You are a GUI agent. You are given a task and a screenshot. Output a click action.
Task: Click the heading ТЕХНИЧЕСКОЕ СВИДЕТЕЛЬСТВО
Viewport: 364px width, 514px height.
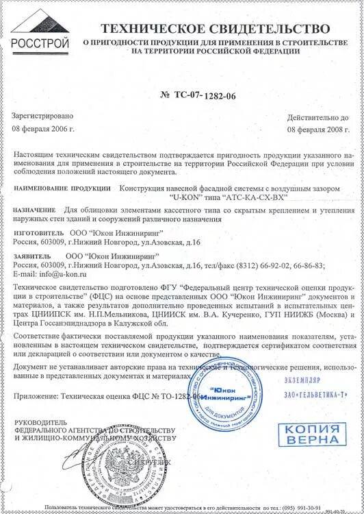coord(216,28)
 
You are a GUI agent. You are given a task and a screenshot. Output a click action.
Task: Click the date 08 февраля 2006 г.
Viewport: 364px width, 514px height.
coord(43,129)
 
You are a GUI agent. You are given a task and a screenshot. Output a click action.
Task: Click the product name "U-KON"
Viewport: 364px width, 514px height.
coord(183,197)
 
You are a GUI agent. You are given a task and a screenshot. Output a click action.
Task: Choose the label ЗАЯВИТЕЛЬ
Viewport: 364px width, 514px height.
coord(31,254)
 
